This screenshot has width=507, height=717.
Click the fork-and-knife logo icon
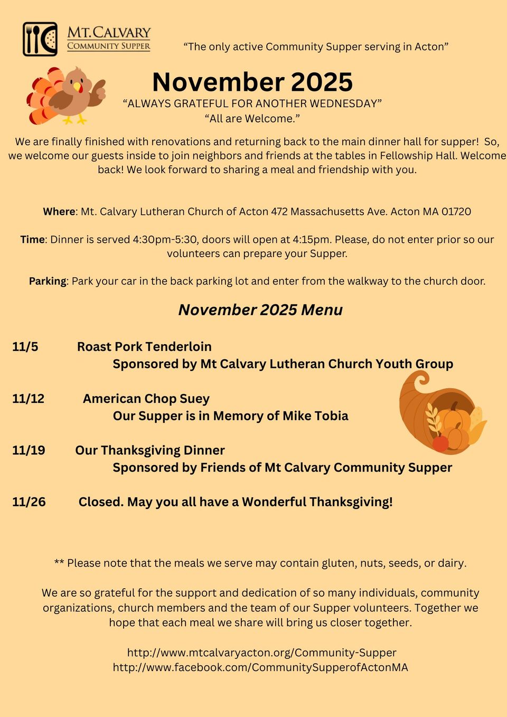click(x=40, y=39)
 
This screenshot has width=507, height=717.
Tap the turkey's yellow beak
click(x=78, y=86)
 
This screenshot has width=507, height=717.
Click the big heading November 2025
click(x=252, y=82)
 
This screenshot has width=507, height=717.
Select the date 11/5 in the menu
click(x=25, y=347)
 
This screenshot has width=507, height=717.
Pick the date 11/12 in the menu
click(x=29, y=399)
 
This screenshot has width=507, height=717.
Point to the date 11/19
click(x=29, y=450)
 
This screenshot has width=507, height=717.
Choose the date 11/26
click(x=29, y=502)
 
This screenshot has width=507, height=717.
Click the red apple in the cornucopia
click(x=440, y=442)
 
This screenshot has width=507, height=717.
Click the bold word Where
click(x=59, y=212)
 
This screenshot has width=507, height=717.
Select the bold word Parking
click(x=48, y=281)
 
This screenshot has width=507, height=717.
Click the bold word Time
click(x=32, y=240)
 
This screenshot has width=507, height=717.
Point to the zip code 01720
click(x=456, y=212)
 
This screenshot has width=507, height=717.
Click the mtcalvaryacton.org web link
click(x=261, y=653)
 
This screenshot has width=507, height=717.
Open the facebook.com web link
click(x=260, y=667)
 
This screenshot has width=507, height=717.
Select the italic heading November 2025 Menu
click(x=260, y=310)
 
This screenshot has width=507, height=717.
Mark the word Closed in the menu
click(x=100, y=502)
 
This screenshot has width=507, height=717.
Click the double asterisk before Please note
click(x=59, y=563)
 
